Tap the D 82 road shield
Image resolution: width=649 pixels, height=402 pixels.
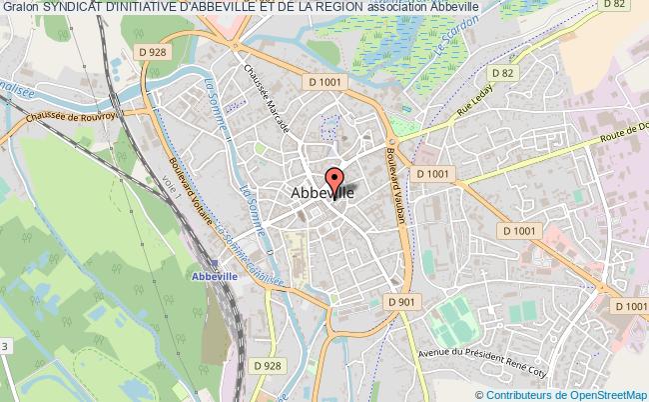502,73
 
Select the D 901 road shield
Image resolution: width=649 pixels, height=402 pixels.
399,301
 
